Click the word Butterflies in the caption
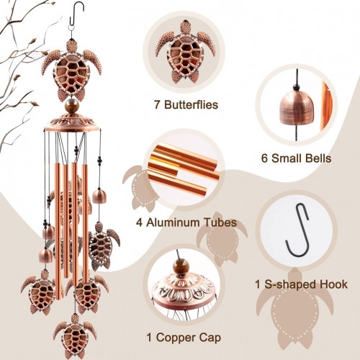[191, 105]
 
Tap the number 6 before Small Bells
[264, 158]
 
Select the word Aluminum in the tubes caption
[174, 222]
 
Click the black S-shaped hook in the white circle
[297, 230]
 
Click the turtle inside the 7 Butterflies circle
[185, 52]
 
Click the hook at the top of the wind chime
[77, 15]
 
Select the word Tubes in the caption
[220, 222]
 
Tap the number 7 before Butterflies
[157, 105]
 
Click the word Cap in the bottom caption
[210, 338]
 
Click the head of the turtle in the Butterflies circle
[185, 27]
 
